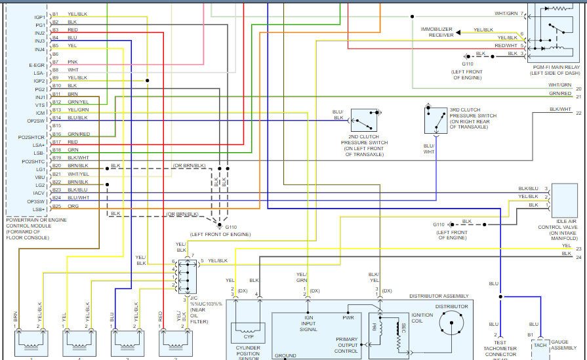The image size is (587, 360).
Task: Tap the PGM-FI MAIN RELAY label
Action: (x=556, y=70)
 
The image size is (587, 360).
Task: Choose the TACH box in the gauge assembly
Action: (x=540, y=345)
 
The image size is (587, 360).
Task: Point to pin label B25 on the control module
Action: (x=56, y=206)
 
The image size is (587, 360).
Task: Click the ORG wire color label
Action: (x=72, y=206)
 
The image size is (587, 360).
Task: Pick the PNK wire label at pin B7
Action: (x=72, y=62)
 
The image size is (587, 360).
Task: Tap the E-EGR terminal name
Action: (x=37, y=66)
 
